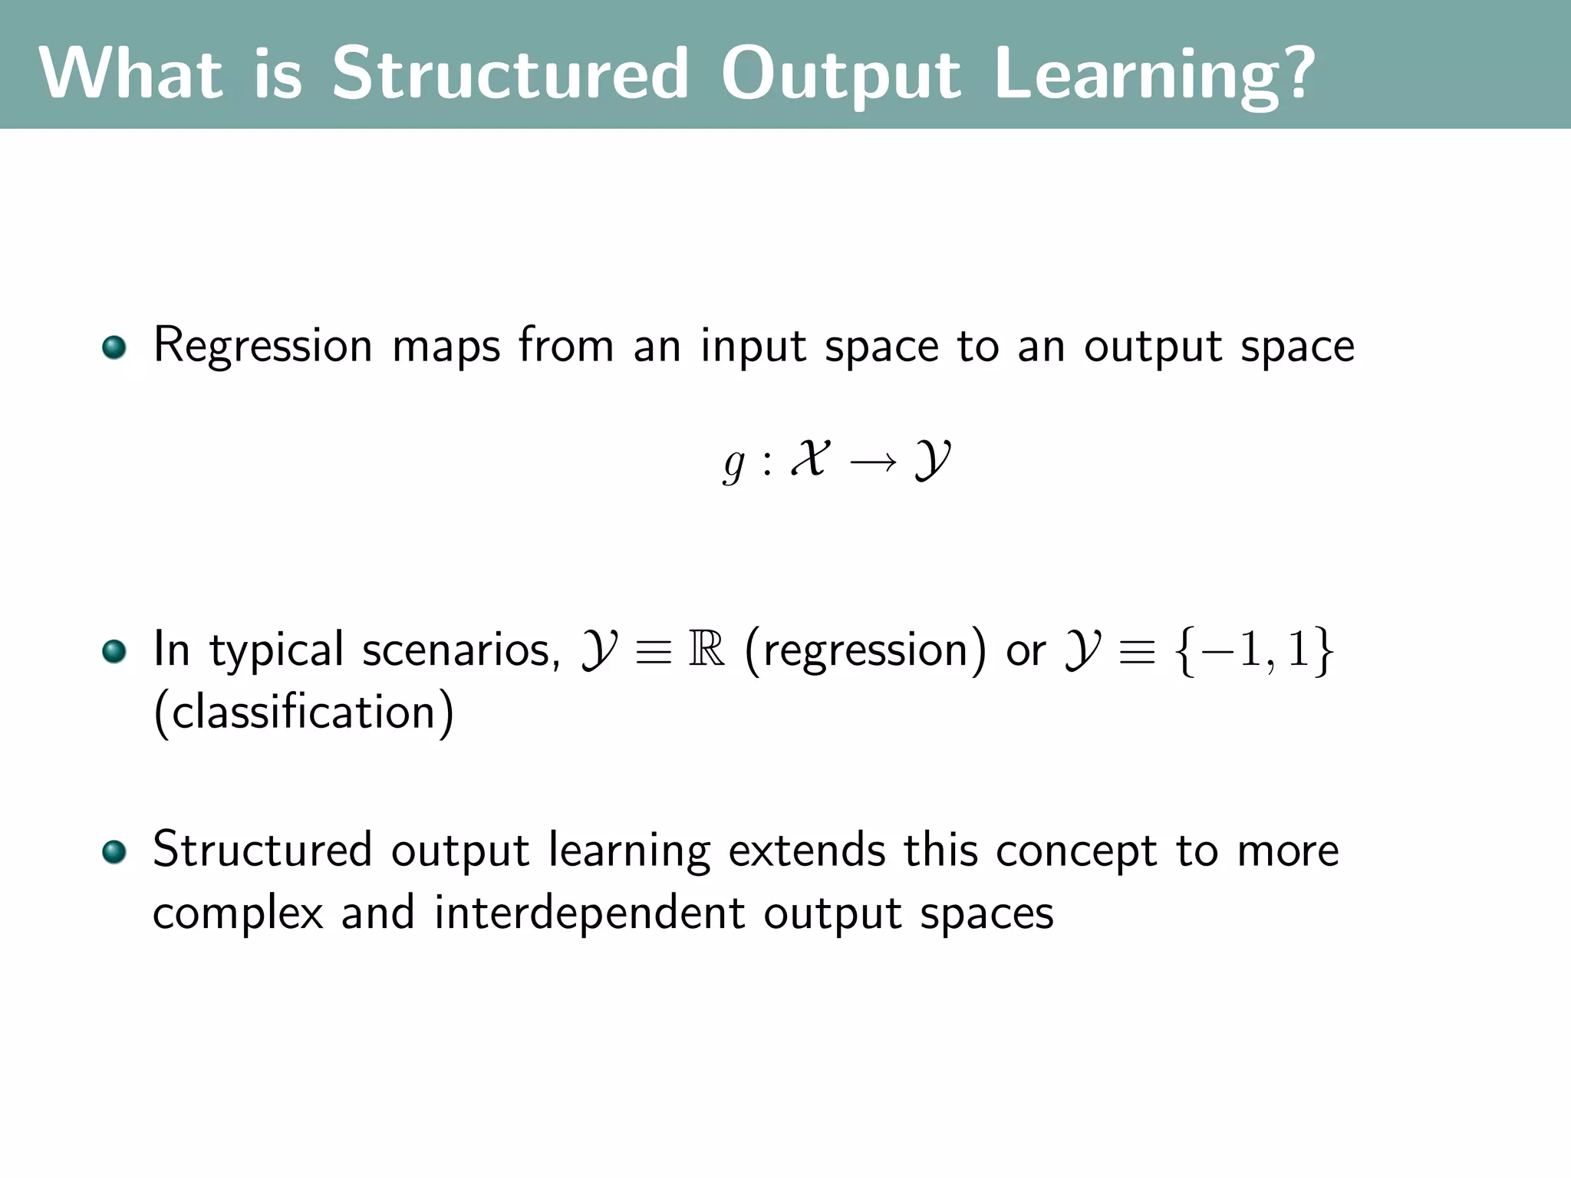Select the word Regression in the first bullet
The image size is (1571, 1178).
click(x=262, y=347)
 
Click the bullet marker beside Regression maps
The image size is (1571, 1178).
click(x=114, y=347)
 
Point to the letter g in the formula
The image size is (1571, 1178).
click(x=733, y=463)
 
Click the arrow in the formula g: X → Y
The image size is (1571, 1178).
click(x=873, y=462)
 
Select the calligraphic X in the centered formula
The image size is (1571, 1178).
click(x=809, y=459)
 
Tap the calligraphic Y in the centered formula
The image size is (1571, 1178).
click(x=932, y=460)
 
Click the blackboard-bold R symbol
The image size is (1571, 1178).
click(x=706, y=649)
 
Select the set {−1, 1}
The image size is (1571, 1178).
click(x=1254, y=650)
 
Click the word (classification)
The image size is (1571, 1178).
click(x=304, y=712)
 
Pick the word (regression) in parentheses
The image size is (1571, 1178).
click(x=865, y=650)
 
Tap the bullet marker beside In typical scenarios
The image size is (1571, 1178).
click(x=114, y=652)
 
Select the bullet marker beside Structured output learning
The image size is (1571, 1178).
click(x=114, y=852)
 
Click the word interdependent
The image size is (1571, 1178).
click(x=589, y=913)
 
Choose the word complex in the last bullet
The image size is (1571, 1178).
click(x=238, y=914)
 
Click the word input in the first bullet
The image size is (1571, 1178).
click(x=753, y=347)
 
